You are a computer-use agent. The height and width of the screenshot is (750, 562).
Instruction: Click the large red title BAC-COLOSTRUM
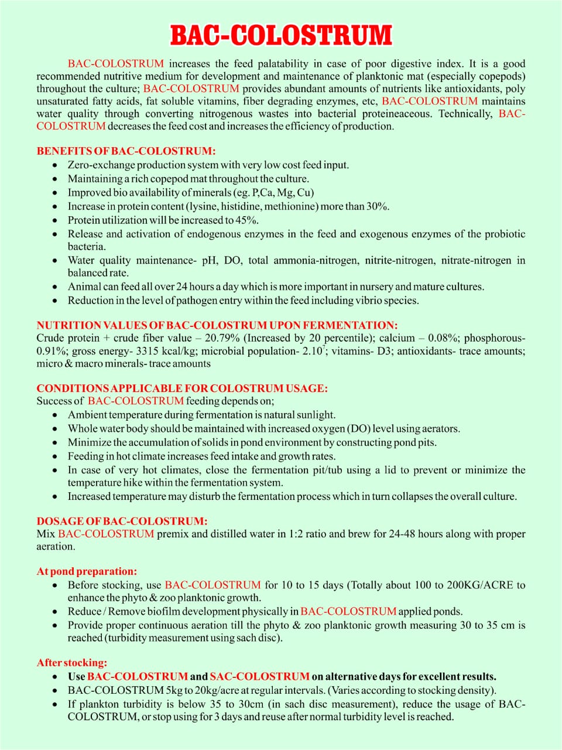click(281, 35)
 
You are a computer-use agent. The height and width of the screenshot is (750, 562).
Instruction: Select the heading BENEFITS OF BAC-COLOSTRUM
click(126, 151)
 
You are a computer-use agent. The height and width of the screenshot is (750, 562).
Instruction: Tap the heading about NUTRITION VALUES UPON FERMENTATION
click(217, 325)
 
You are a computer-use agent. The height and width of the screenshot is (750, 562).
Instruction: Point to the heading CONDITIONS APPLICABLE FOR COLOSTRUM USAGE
click(181, 388)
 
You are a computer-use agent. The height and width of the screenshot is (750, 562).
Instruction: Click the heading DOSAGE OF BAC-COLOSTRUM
click(122, 521)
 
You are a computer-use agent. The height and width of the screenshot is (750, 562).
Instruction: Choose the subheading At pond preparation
click(87, 571)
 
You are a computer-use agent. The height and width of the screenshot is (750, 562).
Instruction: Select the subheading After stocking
click(72, 663)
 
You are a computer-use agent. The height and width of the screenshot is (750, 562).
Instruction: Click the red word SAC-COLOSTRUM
click(259, 676)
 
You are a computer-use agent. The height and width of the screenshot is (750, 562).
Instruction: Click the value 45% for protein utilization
click(247, 220)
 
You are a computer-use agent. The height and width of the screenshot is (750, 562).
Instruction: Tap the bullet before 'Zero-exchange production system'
click(55, 165)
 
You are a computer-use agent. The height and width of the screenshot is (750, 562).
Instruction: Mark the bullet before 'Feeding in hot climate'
click(55, 456)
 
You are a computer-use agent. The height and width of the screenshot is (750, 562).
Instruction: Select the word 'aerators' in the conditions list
click(439, 428)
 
